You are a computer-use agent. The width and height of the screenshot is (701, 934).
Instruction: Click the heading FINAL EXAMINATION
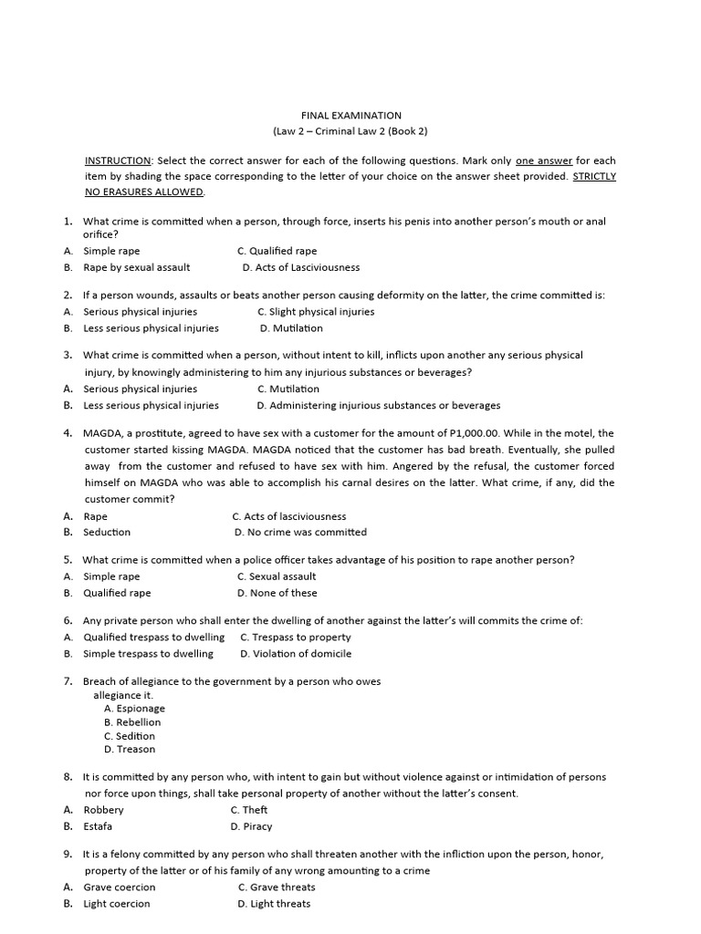(x=351, y=116)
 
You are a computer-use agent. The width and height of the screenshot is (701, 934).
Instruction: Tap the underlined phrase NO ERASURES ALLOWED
(x=144, y=192)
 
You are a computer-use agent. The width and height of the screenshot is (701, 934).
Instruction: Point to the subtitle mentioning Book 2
(x=350, y=131)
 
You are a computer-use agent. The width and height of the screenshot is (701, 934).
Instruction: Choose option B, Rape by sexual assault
(x=136, y=267)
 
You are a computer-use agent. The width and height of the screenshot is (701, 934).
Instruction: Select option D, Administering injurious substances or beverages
(x=378, y=405)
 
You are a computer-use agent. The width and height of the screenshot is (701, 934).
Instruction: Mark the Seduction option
(x=107, y=532)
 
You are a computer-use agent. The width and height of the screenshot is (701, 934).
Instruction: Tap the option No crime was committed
(x=300, y=532)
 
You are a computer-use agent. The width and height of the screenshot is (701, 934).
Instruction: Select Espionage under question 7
(x=134, y=708)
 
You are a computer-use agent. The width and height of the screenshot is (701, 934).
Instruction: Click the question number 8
(x=68, y=777)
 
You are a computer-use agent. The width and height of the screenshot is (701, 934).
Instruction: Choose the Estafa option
(x=98, y=826)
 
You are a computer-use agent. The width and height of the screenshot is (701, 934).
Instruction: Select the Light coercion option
(x=117, y=904)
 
